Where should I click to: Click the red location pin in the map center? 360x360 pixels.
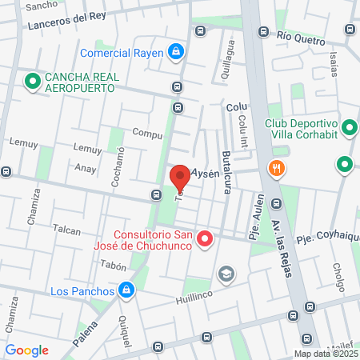click(x=180, y=175)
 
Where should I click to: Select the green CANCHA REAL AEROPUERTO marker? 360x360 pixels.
click(x=32, y=81)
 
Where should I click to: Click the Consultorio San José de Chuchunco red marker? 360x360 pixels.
click(x=205, y=238)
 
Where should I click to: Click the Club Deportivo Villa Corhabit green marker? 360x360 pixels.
click(x=349, y=128)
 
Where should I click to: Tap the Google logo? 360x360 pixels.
click(x=27, y=350)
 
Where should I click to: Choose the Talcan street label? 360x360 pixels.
click(x=66, y=230)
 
